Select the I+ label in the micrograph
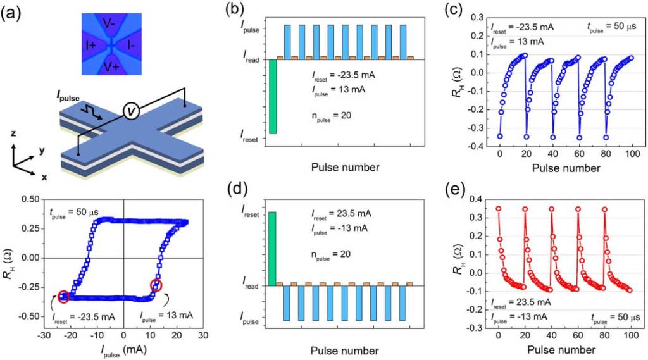click(90, 46)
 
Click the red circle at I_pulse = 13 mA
click(156, 285)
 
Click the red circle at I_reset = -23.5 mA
click(63, 295)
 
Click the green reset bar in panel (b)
click(273, 96)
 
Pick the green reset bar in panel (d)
click(273, 249)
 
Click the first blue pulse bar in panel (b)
click(287, 42)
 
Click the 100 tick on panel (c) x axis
click(631, 155)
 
